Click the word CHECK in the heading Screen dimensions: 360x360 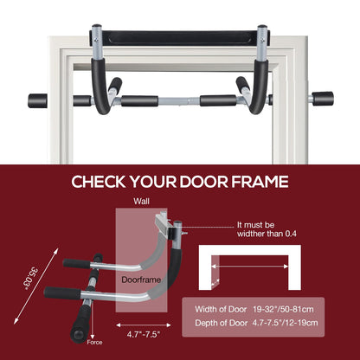point(99,182)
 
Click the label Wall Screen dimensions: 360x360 point(141,202)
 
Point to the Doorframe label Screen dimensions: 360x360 point(141,280)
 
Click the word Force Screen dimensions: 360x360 point(94,343)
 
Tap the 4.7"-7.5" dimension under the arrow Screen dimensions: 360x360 point(144,335)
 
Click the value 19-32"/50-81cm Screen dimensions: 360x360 point(283,310)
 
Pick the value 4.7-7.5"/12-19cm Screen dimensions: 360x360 point(285,323)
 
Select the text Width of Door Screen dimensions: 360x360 point(221,310)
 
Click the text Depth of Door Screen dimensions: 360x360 point(222,323)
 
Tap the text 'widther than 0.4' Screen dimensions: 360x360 point(267,234)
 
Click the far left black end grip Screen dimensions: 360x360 point(37,100)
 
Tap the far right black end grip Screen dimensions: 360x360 point(323,99)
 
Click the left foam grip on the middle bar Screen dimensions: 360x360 point(139,101)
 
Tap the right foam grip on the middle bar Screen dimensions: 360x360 point(218,100)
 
